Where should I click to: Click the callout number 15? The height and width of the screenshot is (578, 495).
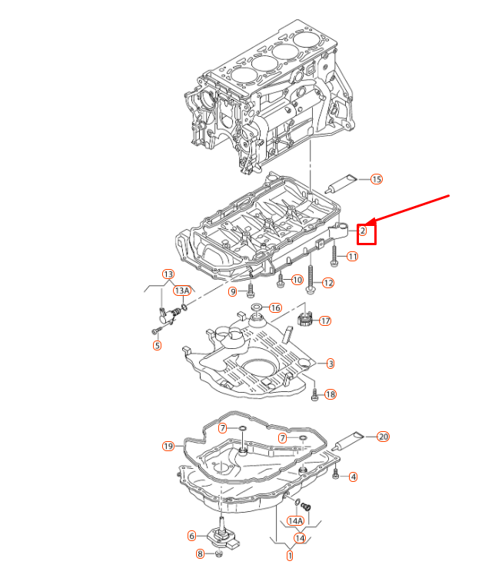[376, 179]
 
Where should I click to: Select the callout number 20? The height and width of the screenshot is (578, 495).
[383, 437]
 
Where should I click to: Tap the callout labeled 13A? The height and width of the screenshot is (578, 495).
[181, 291]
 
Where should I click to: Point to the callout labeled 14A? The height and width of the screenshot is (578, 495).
[295, 521]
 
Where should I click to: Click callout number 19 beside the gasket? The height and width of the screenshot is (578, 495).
[168, 446]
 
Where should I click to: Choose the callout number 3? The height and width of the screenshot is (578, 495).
[330, 363]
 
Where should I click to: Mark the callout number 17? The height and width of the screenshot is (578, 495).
[325, 321]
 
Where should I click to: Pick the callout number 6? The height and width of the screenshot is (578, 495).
[191, 536]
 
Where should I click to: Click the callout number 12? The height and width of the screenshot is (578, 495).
[328, 283]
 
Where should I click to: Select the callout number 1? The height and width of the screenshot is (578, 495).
[290, 555]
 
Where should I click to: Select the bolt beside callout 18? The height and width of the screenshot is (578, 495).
[314, 395]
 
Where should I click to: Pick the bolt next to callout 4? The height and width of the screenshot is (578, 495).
[336, 475]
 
